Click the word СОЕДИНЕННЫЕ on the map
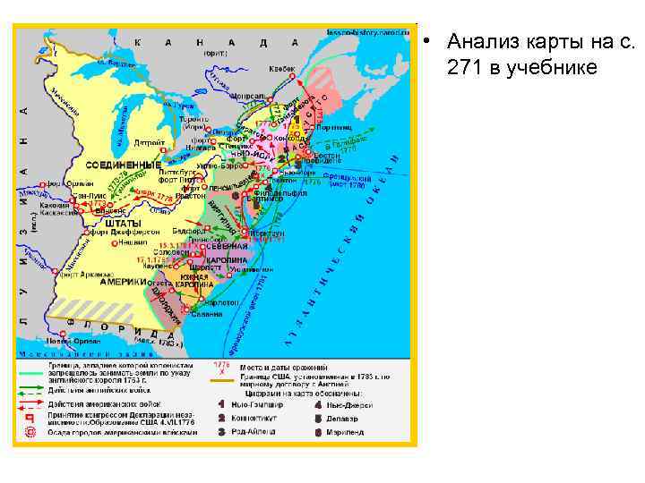[123, 165]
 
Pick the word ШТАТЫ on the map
[123, 223]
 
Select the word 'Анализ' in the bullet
[481, 41]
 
